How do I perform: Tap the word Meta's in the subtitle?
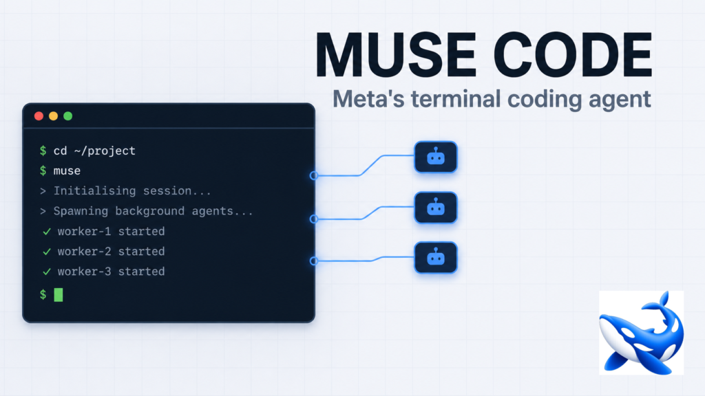(x=368, y=99)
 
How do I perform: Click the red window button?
(x=39, y=116)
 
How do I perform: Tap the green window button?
(x=68, y=116)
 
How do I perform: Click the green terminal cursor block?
(x=59, y=295)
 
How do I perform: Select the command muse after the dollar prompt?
(x=67, y=171)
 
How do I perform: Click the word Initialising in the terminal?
(x=94, y=191)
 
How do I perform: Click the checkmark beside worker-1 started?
(x=47, y=232)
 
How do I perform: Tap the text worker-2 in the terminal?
(x=84, y=252)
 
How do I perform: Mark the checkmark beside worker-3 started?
(x=47, y=272)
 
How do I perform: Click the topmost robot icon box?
(x=436, y=157)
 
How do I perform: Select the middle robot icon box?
(x=436, y=208)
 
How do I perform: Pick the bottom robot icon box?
(x=436, y=258)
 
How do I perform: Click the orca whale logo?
(x=641, y=333)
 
